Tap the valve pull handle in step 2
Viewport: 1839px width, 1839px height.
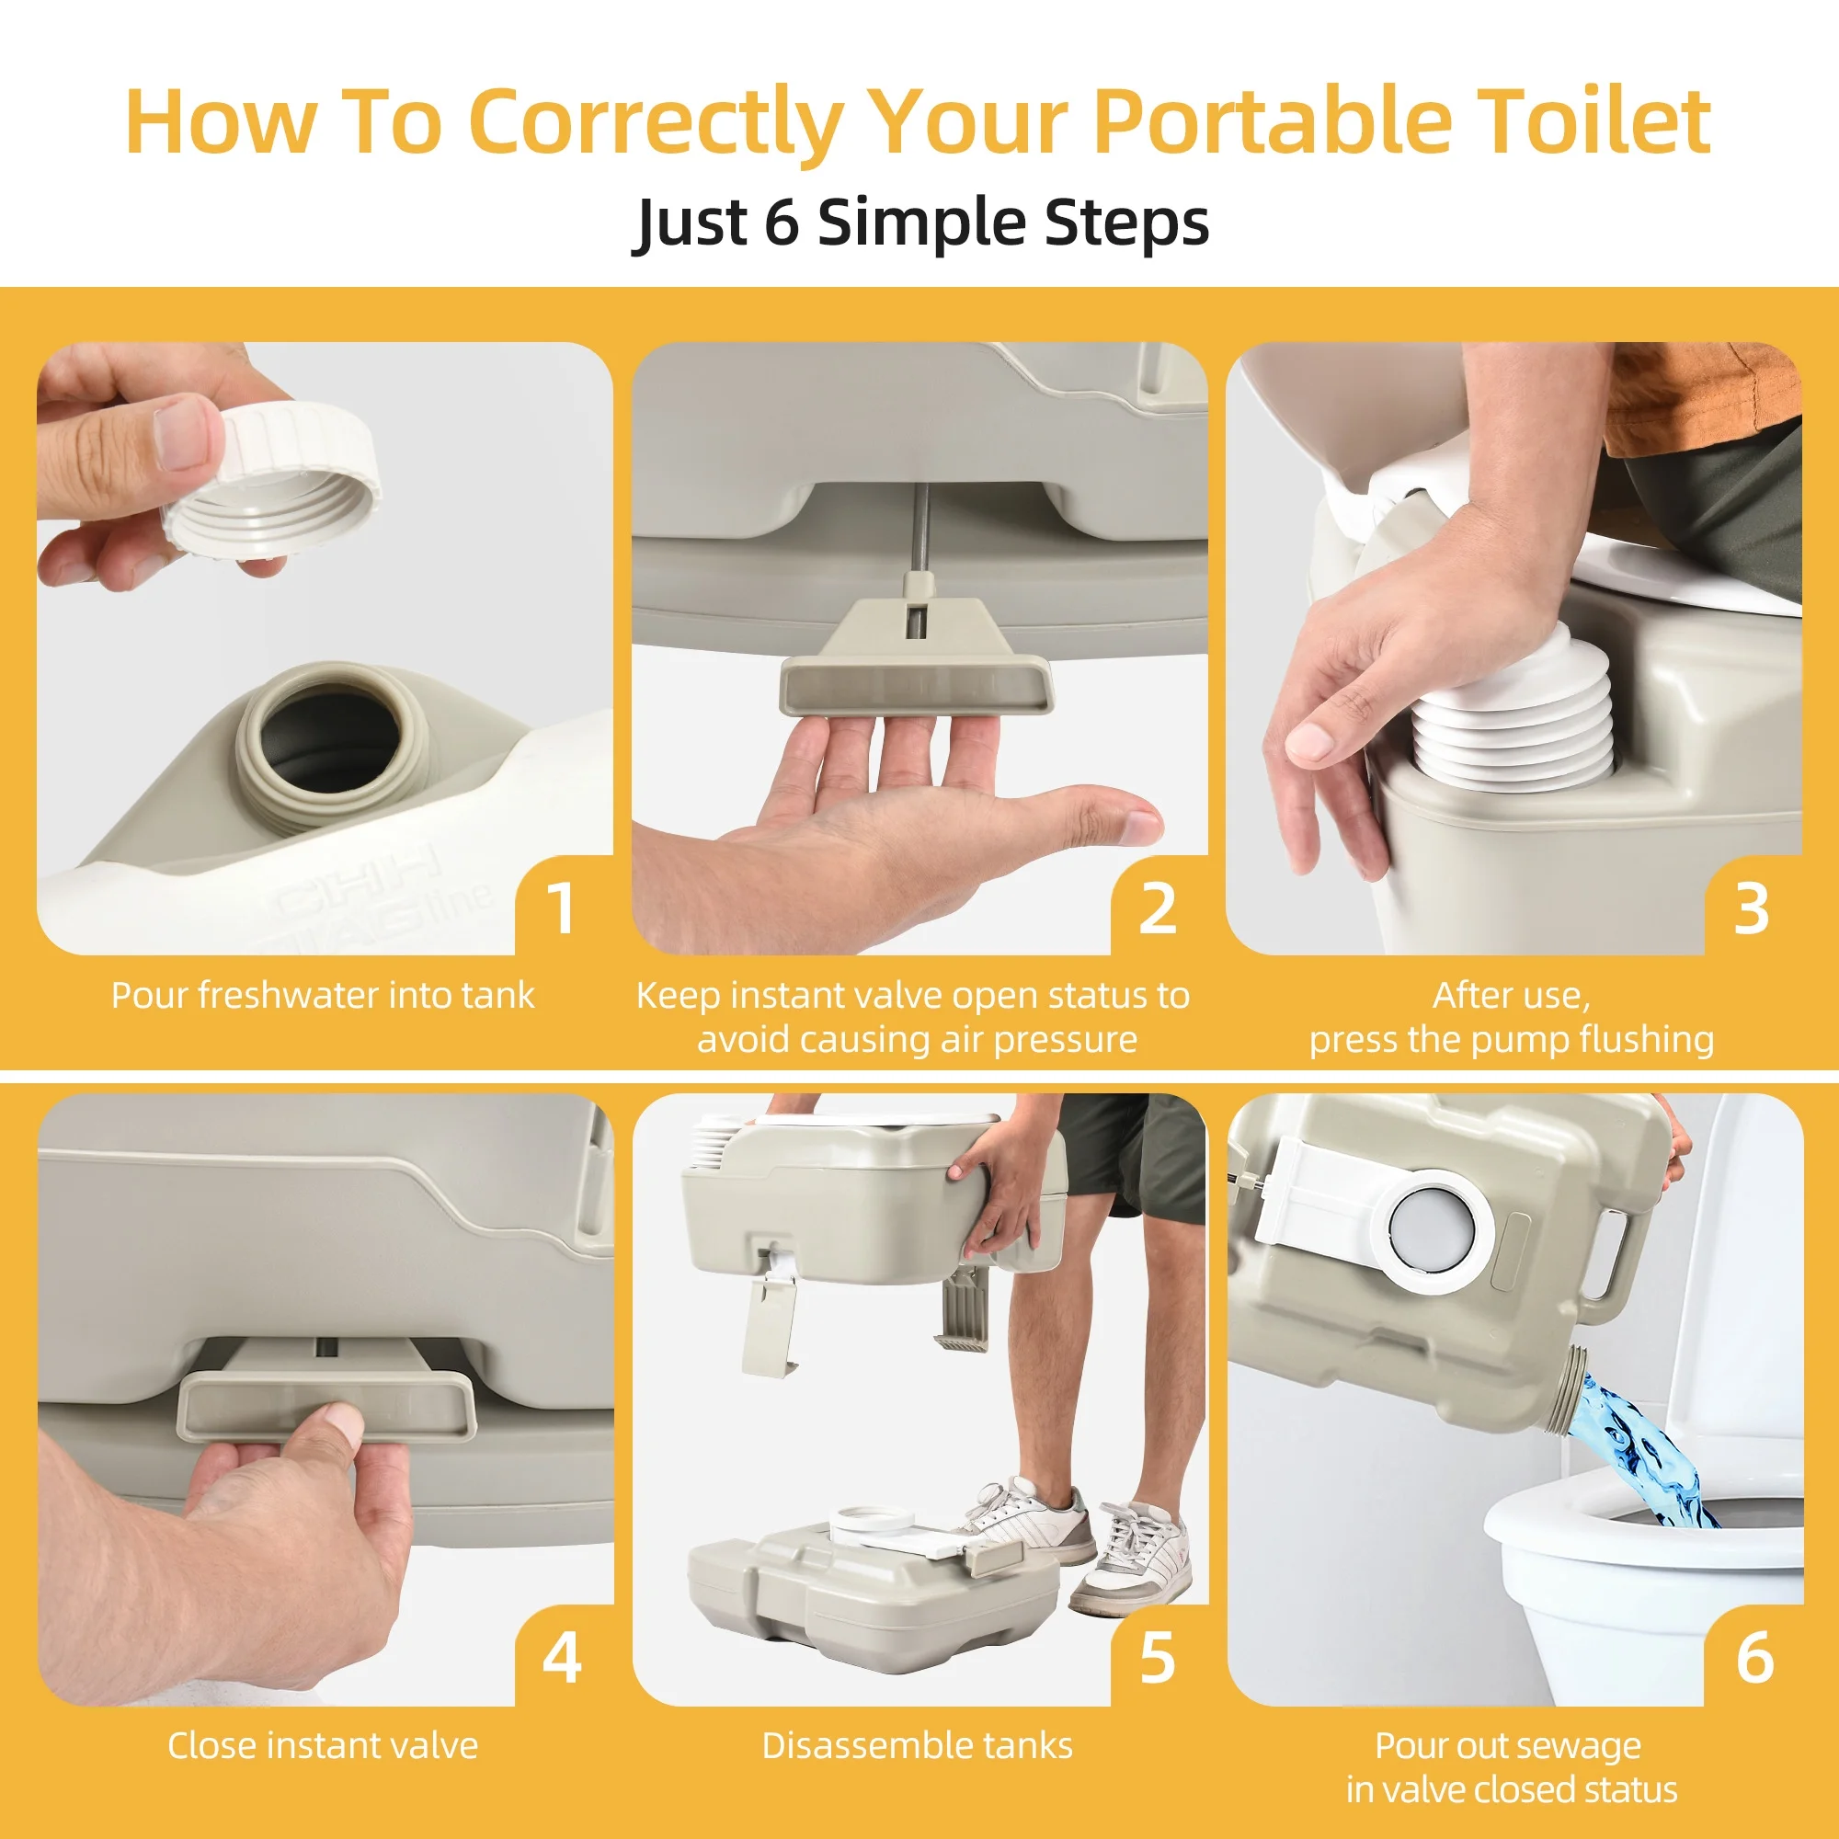[x=917, y=657]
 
